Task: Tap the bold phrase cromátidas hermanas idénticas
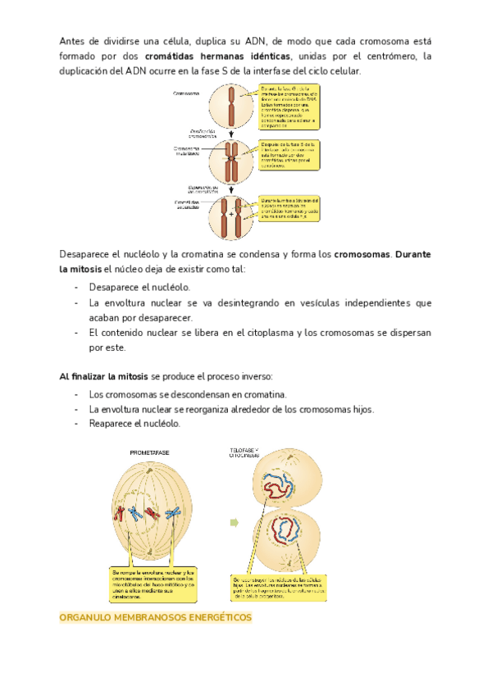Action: click(x=217, y=56)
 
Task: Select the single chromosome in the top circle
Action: click(x=232, y=107)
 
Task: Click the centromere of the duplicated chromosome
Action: click(x=232, y=152)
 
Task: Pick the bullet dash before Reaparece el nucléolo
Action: click(x=76, y=424)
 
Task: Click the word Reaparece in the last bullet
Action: click(x=114, y=424)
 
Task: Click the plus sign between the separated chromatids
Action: click(x=232, y=214)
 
